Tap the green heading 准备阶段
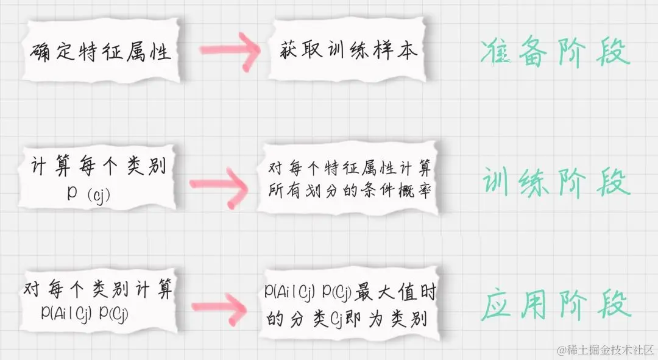tap(555, 53)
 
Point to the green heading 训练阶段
tap(555, 181)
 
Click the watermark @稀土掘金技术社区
tap(606, 350)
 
